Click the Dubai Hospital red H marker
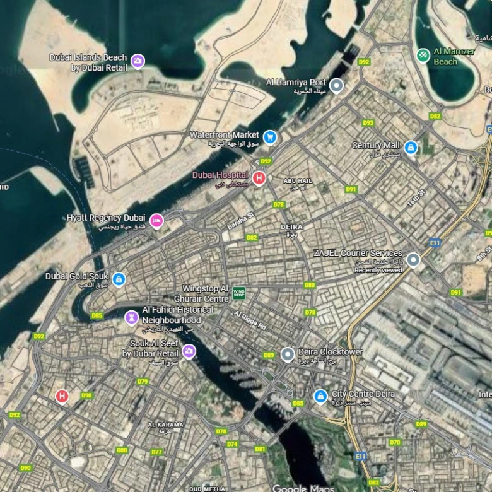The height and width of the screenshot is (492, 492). (258, 178)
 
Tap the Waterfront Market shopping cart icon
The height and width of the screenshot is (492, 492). (270, 136)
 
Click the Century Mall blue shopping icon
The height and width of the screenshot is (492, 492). (411, 148)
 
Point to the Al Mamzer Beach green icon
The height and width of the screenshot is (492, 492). (423, 56)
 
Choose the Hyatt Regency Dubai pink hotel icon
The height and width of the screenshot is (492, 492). (156, 220)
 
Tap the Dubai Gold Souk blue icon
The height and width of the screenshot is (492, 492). (119, 279)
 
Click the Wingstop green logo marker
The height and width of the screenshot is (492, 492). (239, 293)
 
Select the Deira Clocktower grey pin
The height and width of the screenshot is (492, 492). (288, 354)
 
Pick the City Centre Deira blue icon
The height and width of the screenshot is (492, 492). (320, 396)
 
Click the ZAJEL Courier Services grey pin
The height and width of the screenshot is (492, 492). (413, 259)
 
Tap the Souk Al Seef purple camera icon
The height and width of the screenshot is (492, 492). (189, 351)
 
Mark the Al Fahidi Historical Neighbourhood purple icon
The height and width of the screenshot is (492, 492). (131, 317)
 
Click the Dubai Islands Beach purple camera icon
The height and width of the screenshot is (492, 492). (138, 61)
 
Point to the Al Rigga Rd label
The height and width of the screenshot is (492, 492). (250, 321)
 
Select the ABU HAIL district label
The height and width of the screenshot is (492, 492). (298, 180)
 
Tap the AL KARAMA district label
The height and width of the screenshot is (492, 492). (166, 425)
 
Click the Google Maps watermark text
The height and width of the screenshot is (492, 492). (300, 488)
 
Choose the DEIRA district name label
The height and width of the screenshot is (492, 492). (291, 226)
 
